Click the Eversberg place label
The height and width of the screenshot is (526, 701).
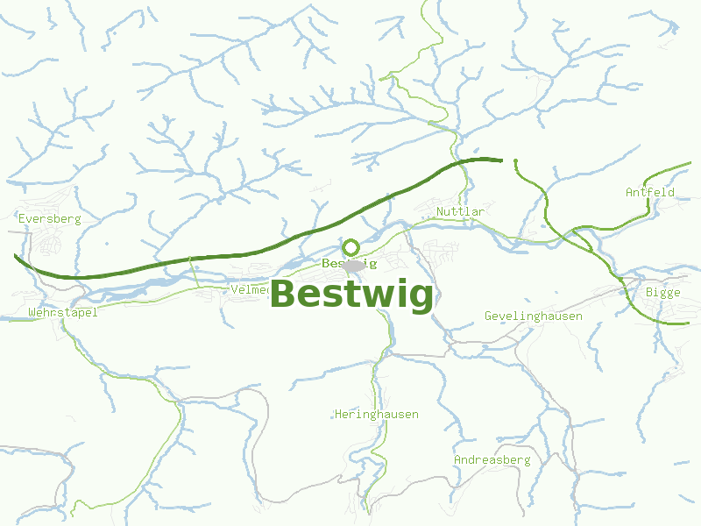click(49, 218)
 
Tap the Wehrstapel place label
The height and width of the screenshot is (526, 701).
click(63, 312)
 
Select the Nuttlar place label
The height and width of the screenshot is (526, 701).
click(460, 212)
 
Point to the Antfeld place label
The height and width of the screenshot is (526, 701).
click(650, 192)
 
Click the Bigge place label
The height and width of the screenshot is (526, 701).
click(662, 293)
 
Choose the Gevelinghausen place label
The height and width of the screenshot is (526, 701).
click(534, 316)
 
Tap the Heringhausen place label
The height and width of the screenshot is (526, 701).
click(377, 414)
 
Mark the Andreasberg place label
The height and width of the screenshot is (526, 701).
click(492, 459)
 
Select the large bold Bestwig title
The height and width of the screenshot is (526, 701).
click(351, 295)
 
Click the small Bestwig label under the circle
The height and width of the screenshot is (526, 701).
click(349, 263)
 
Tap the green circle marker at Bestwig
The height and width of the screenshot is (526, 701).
click(350, 247)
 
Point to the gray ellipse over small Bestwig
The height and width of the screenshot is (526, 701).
click(353, 265)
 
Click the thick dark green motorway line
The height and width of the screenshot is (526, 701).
click(263, 252)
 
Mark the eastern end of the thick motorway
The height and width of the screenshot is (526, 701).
click(501, 160)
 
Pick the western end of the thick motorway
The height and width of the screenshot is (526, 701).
click(16, 256)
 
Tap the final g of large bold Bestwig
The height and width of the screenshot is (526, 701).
click(419, 298)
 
